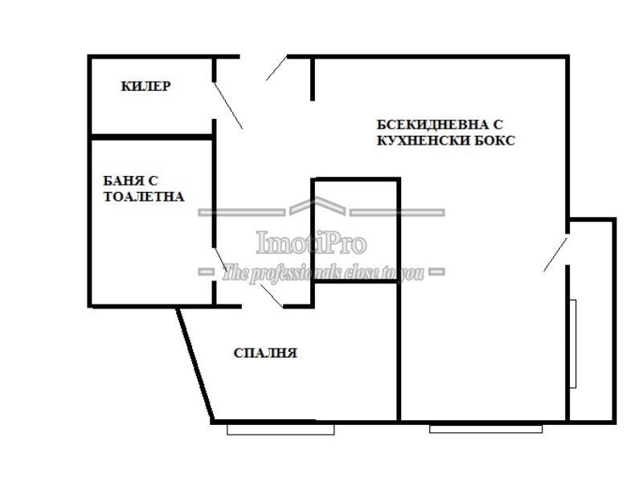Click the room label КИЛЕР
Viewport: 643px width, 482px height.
145,86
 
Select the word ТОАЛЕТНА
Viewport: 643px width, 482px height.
144,197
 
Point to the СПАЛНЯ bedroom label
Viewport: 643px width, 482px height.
265,353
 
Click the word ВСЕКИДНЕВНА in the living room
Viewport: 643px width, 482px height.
429,125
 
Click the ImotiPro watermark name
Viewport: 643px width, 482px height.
311,243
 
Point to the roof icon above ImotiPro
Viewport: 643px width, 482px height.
317,206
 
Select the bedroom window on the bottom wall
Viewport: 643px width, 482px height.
281,429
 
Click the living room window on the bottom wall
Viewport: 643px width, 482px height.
486,429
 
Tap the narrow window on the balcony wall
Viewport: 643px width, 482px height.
573,344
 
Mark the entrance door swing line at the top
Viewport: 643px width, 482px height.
276,67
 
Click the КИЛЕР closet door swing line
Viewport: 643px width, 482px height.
228,105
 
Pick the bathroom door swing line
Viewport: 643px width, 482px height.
220,259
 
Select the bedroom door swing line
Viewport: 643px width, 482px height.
272,295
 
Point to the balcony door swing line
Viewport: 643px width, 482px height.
555,254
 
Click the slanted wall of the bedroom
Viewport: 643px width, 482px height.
195,365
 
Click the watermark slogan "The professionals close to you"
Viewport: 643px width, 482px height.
323,272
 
